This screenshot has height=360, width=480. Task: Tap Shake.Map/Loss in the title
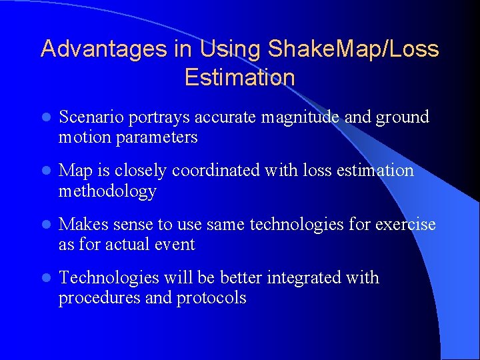[x=353, y=49]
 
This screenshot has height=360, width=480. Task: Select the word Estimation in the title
[x=239, y=77]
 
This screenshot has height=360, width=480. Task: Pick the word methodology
[x=107, y=191]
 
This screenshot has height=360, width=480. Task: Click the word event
[x=174, y=245]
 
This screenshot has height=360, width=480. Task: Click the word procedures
[x=99, y=298]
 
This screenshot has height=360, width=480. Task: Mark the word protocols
[x=211, y=298]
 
